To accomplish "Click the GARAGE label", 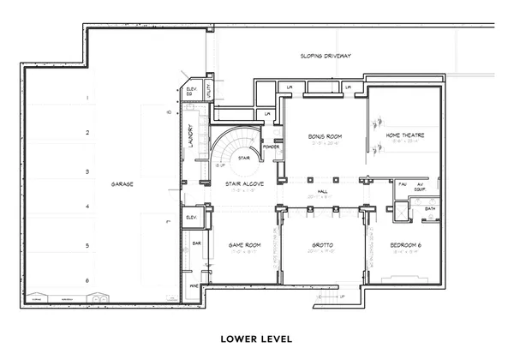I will coord(125,184).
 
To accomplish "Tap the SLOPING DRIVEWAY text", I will coord(326,56).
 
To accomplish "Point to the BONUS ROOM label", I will coord(326,136).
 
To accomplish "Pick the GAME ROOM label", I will coord(243,245).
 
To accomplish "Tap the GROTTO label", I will coord(324,245).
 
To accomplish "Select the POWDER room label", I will coord(272,147).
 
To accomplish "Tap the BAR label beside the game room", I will coord(196,243).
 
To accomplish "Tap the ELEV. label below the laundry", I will coord(190,218).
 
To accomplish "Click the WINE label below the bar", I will coord(194,285).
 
